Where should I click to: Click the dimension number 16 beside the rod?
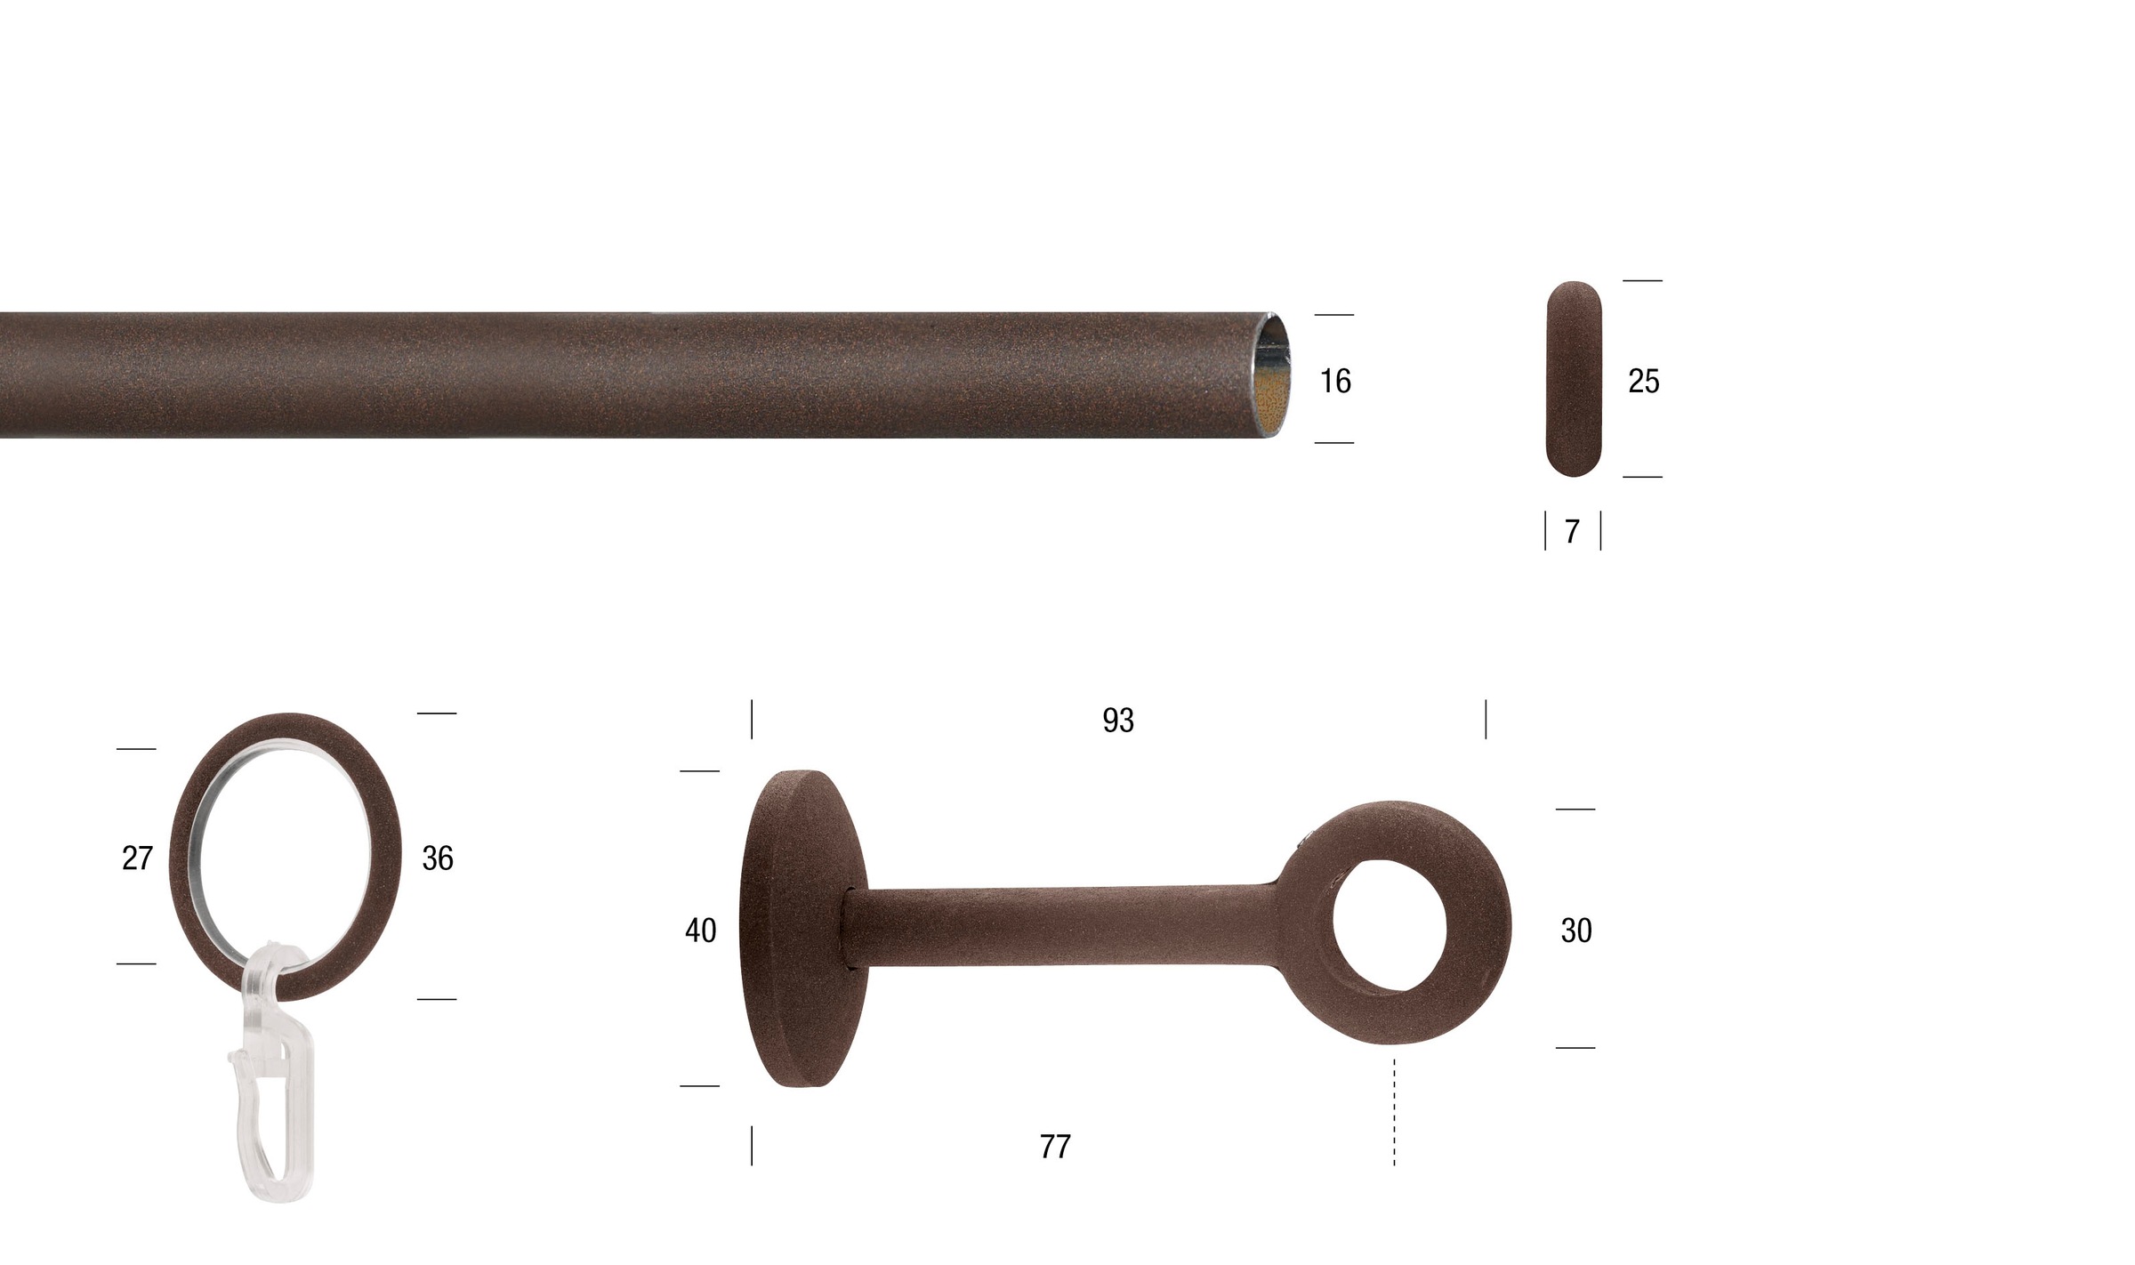coord(1335,381)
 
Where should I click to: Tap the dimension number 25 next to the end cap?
coord(1643,381)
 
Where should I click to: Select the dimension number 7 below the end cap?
coord(1572,531)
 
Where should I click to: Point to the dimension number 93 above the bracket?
coord(1118,720)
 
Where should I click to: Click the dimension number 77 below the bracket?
coord(1055,1147)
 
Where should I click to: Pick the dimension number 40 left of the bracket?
coord(701,931)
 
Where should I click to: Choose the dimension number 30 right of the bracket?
coord(1576,931)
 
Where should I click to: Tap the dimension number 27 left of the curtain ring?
coord(138,858)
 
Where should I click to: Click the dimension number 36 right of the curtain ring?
coord(438,858)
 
